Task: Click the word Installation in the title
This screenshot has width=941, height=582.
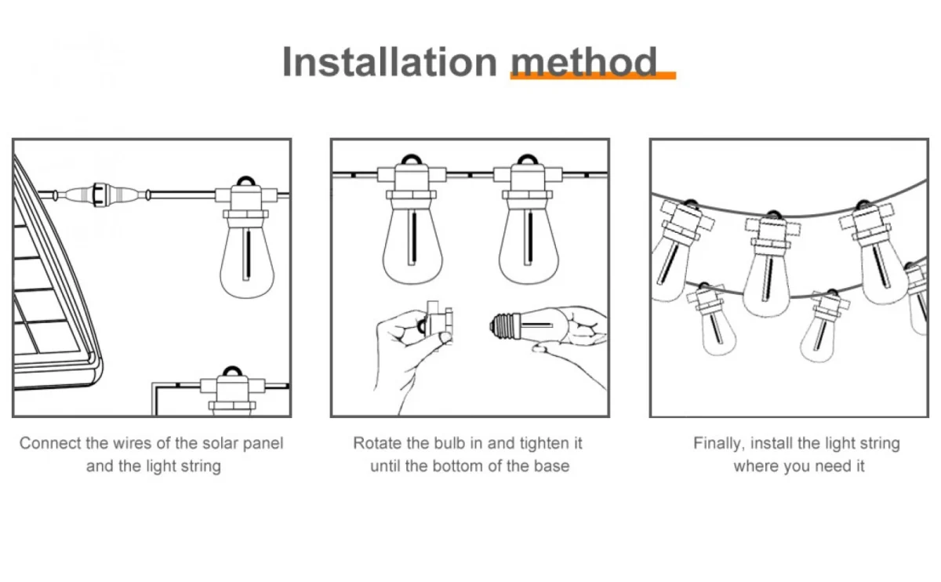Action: click(x=390, y=62)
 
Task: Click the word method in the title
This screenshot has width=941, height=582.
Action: click(x=584, y=62)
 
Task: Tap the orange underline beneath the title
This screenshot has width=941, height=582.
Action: click(x=593, y=75)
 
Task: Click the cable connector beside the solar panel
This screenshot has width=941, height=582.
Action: click(x=101, y=195)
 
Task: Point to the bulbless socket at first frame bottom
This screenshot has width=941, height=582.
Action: click(x=232, y=391)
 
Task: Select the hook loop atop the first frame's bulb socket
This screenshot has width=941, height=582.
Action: click(x=246, y=181)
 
